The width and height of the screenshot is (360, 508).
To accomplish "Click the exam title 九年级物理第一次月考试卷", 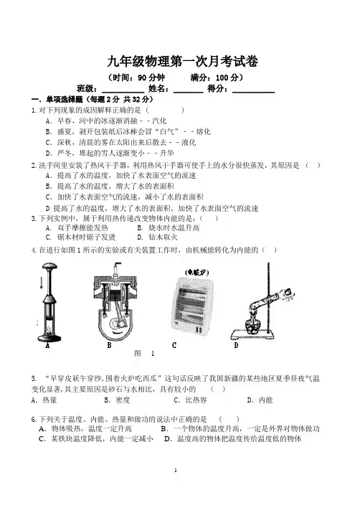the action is point(183,61).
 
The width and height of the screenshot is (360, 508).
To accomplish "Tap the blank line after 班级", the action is point(123,93).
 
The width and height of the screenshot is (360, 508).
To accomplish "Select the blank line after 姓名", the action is point(189,93).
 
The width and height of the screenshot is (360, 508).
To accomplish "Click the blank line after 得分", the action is point(253,93).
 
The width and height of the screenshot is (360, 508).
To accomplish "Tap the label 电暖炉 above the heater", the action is point(196,272).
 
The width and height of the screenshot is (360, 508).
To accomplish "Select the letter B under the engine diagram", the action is point(110,346).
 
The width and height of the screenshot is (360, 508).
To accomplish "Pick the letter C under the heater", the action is point(174,345).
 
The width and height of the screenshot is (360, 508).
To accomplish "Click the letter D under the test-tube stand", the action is point(237,345).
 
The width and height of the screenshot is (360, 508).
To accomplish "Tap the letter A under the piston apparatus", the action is point(47,346).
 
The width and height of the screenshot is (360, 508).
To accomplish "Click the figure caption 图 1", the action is point(144,354).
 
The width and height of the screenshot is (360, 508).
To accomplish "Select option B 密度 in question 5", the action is point(117,400).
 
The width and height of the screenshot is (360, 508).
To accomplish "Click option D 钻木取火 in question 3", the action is point(157,237).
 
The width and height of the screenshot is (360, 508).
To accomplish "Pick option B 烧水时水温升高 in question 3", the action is point(169,227).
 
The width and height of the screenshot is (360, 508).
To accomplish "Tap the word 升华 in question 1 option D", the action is point(166,154).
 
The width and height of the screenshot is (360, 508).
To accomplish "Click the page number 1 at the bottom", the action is point(176,471).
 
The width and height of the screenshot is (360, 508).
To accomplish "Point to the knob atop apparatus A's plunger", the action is point(49,267).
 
